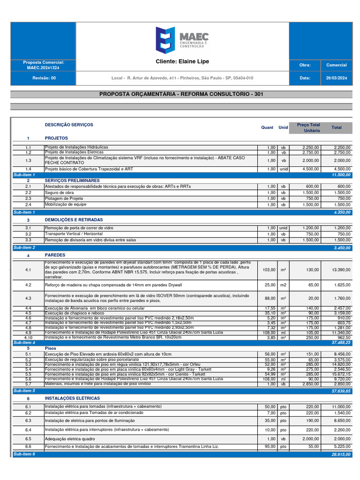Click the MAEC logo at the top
coord(182,39)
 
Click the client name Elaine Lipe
coord(182,61)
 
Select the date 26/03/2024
coord(336,78)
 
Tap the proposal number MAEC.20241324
coord(43,68)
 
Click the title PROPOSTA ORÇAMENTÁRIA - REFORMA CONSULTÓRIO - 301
coord(181,94)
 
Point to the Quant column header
coord(267,127)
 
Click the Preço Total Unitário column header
coord(308,127)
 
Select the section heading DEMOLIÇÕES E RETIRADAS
coord(74,219)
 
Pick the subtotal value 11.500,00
coord(341,174)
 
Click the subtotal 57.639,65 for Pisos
coord(341,390)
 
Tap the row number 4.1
coord(28,270)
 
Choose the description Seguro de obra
coord(59,192)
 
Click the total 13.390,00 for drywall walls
coord(341,270)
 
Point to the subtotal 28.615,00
coord(341,454)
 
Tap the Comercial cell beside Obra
coord(336,65)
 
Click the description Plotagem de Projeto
coord(64,198)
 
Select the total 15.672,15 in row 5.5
coord(341,374)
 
